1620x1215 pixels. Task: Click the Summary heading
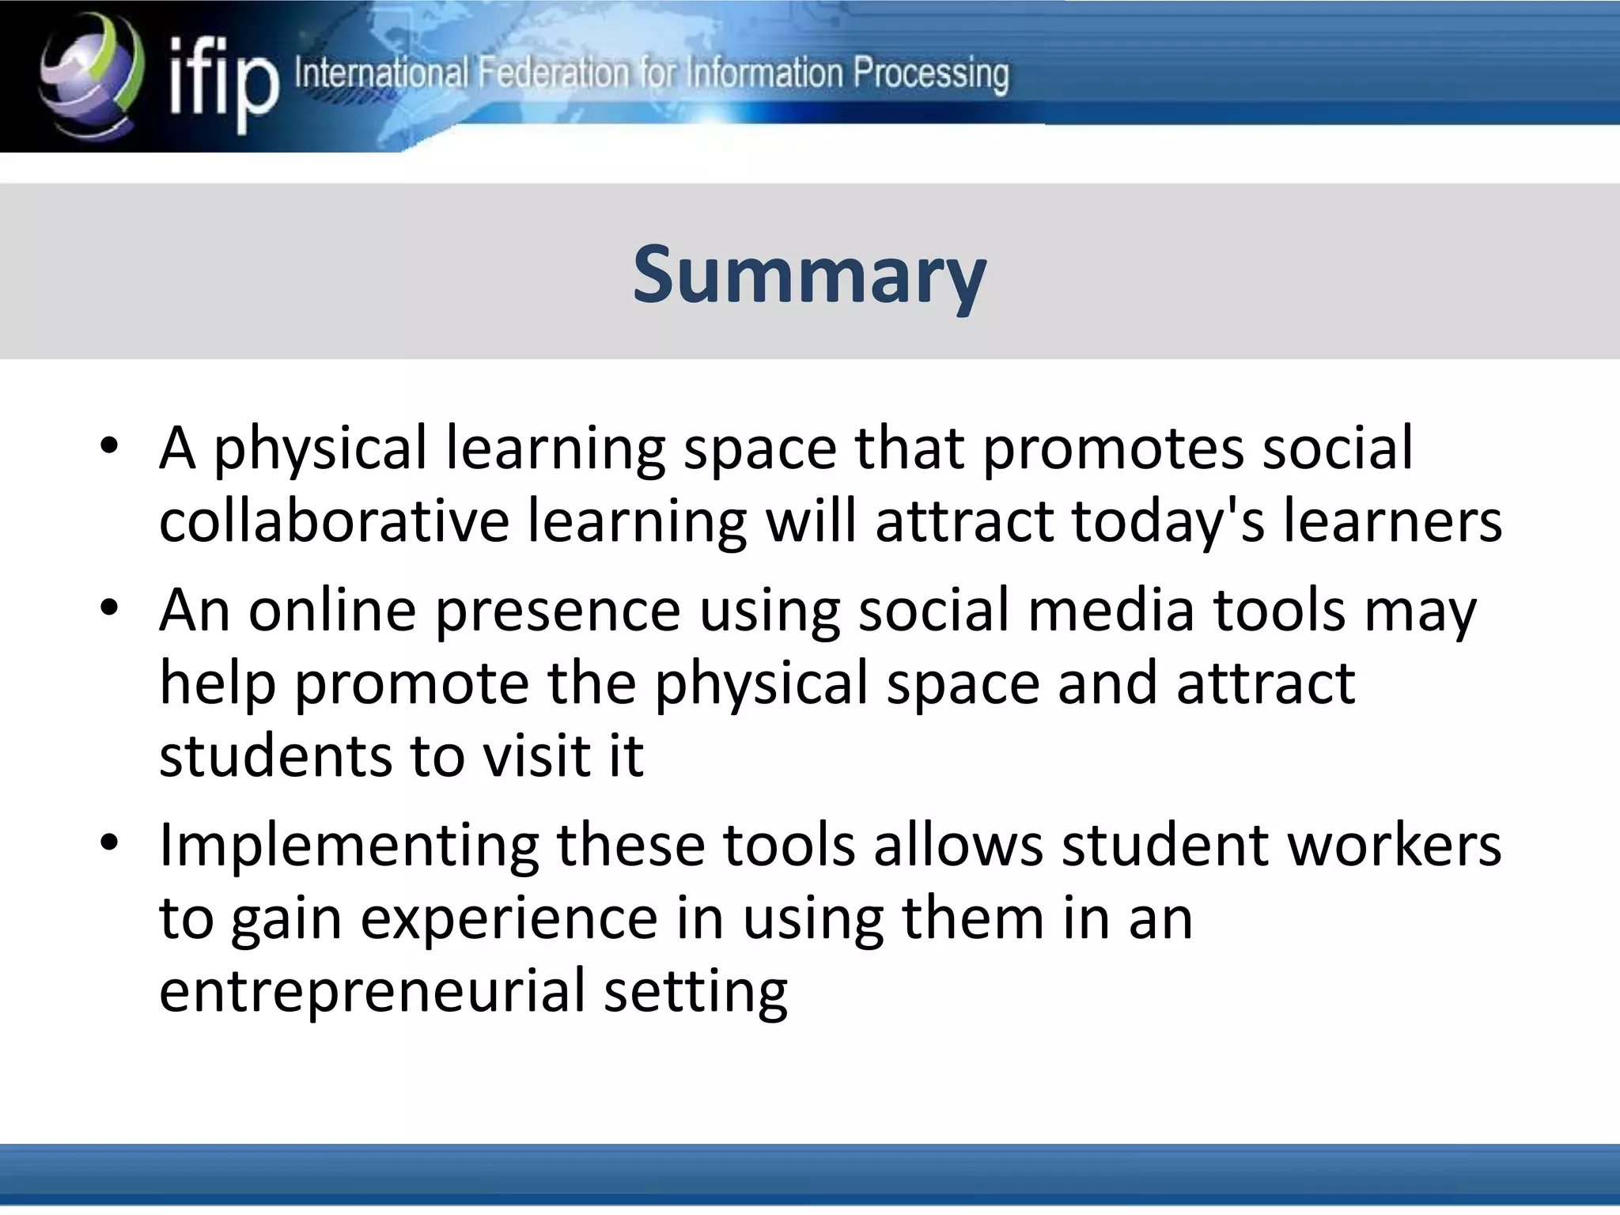click(x=809, y=274)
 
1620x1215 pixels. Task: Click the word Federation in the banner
click(x=554, y=74)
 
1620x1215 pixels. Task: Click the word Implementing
click(x=348, y=845)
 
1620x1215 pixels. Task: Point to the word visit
click(x=536, y=755)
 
